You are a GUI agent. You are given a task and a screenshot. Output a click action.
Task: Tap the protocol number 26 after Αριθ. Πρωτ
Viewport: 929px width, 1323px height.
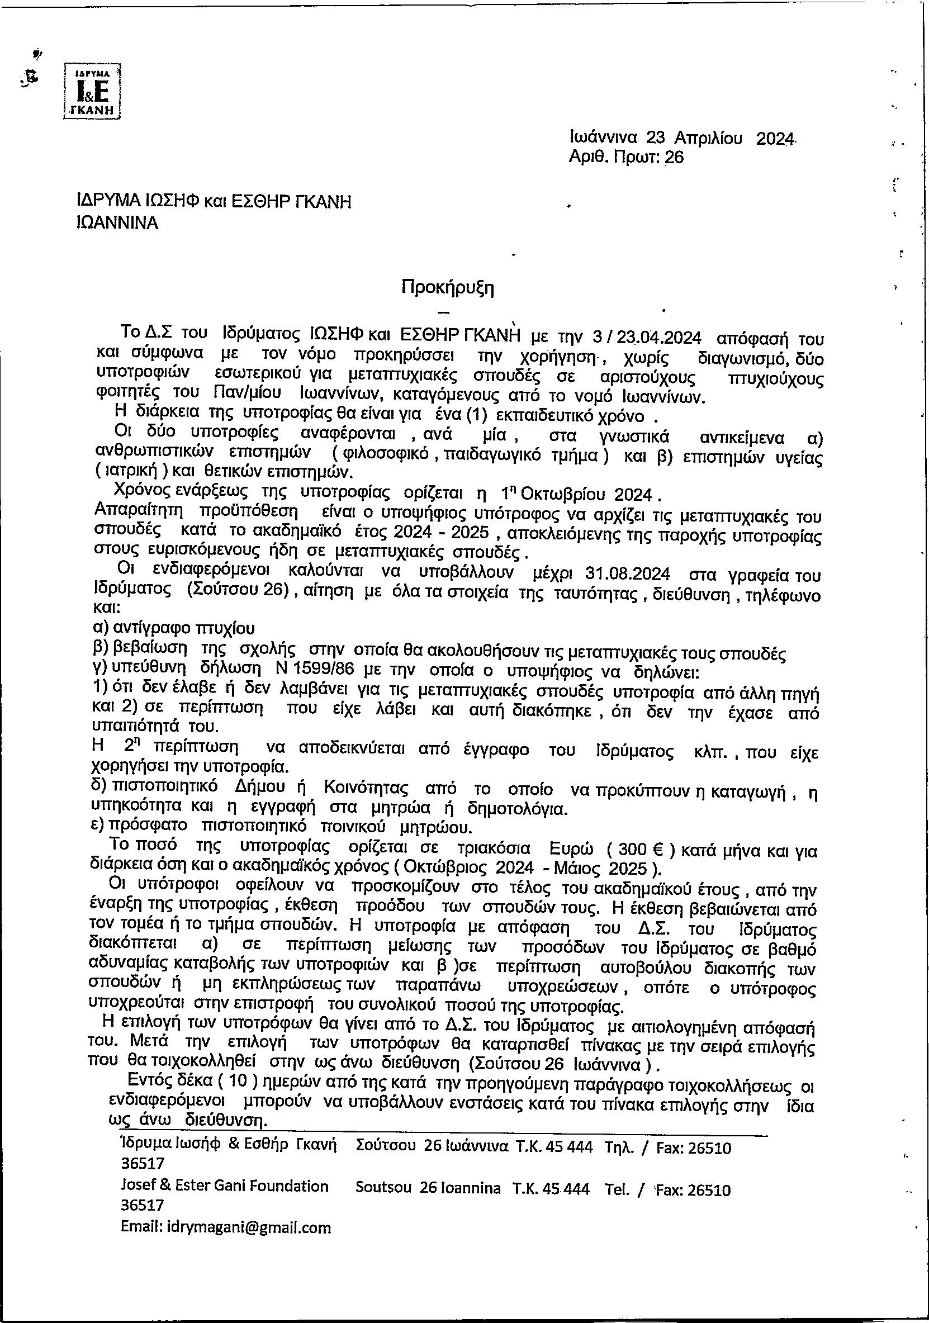coord(674,157)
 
